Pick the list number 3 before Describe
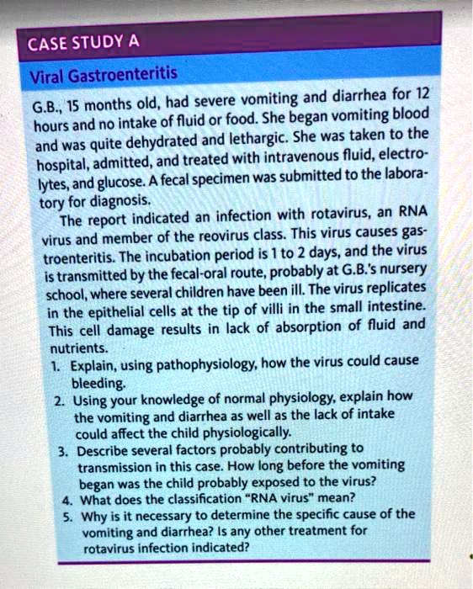62,449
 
